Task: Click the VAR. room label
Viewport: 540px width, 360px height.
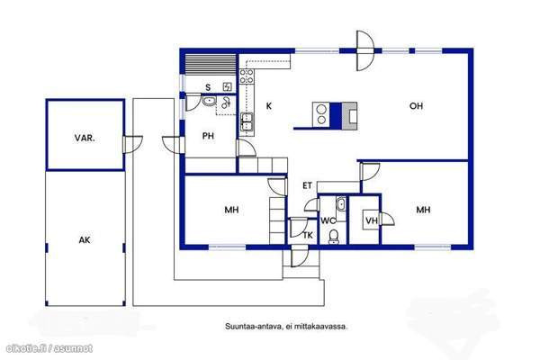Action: tap(85, 138)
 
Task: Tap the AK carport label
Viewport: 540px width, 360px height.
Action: tap(85, 239)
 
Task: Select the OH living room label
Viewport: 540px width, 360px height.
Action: tap(416, 106)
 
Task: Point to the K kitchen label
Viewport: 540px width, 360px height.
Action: tap(268, 106)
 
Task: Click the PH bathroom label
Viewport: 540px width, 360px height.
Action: tap(208, 136)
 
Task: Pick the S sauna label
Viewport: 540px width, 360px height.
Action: tap(208, 87)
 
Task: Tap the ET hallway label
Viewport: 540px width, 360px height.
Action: tap(307, 185)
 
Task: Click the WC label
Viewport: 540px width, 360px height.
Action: tap(328, 220)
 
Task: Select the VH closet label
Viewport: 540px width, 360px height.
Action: tap(372, 220)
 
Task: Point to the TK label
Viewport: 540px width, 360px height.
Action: tap(308, 235)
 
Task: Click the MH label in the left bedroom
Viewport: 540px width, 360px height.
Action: tap(231, 210)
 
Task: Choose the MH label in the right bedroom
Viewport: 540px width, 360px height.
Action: tap(423, 210)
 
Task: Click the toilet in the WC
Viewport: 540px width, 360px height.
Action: tap(333, 237)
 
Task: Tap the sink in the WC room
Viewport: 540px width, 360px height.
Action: tap(340, 204)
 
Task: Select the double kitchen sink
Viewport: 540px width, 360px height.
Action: tap(247, 122)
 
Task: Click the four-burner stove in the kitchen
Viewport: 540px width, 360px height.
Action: tap(247, 76)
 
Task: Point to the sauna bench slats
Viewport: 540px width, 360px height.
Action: tap(211, 64)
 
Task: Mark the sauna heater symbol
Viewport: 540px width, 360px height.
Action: tap(228, 86)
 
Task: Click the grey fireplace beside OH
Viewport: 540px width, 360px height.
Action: tap(349, 116)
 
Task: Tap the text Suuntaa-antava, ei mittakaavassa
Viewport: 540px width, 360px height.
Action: tap(286, 326)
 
